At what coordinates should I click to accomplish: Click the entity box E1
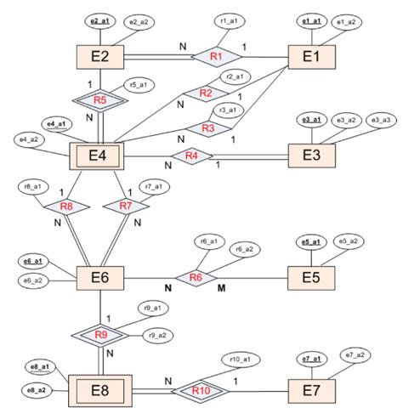[x=313, y=56]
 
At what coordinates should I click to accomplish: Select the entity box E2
[x=102, y=56]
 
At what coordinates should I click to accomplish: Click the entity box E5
[x=313, y=278]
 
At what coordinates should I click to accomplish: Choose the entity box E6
[x=102, y=278]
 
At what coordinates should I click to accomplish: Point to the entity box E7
[x=313, y=392]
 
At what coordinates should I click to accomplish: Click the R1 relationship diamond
[x=216, y=56]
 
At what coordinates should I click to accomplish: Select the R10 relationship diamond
[x=201, y=392]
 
